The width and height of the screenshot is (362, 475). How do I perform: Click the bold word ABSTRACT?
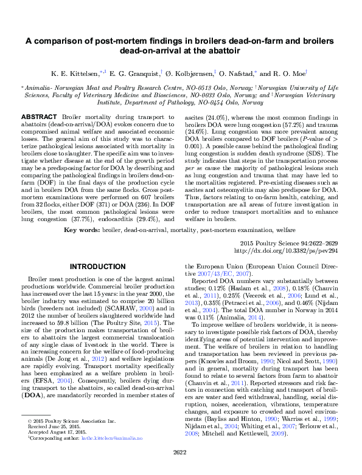[38, 115]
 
